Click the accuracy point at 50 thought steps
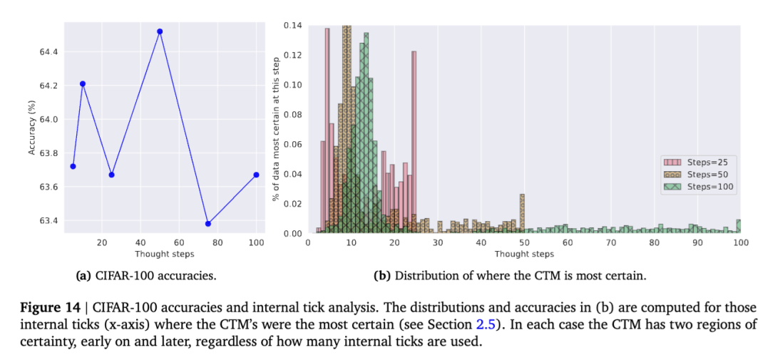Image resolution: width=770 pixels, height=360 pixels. click(x=160, y=31)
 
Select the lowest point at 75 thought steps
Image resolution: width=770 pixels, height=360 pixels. click(x=207, y=224)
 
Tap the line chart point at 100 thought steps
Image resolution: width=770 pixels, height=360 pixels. click(x=255, y=175)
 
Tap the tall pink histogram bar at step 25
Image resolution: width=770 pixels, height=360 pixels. click(x=414, y=143)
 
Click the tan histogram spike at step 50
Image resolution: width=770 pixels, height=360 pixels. click(x=522, y=214)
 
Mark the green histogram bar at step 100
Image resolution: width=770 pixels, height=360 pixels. click(x=738, y=227)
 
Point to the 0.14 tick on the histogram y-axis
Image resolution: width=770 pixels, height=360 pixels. click(x=292, y=26)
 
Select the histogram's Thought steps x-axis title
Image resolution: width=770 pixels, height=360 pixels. click(x=523, y=254)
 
